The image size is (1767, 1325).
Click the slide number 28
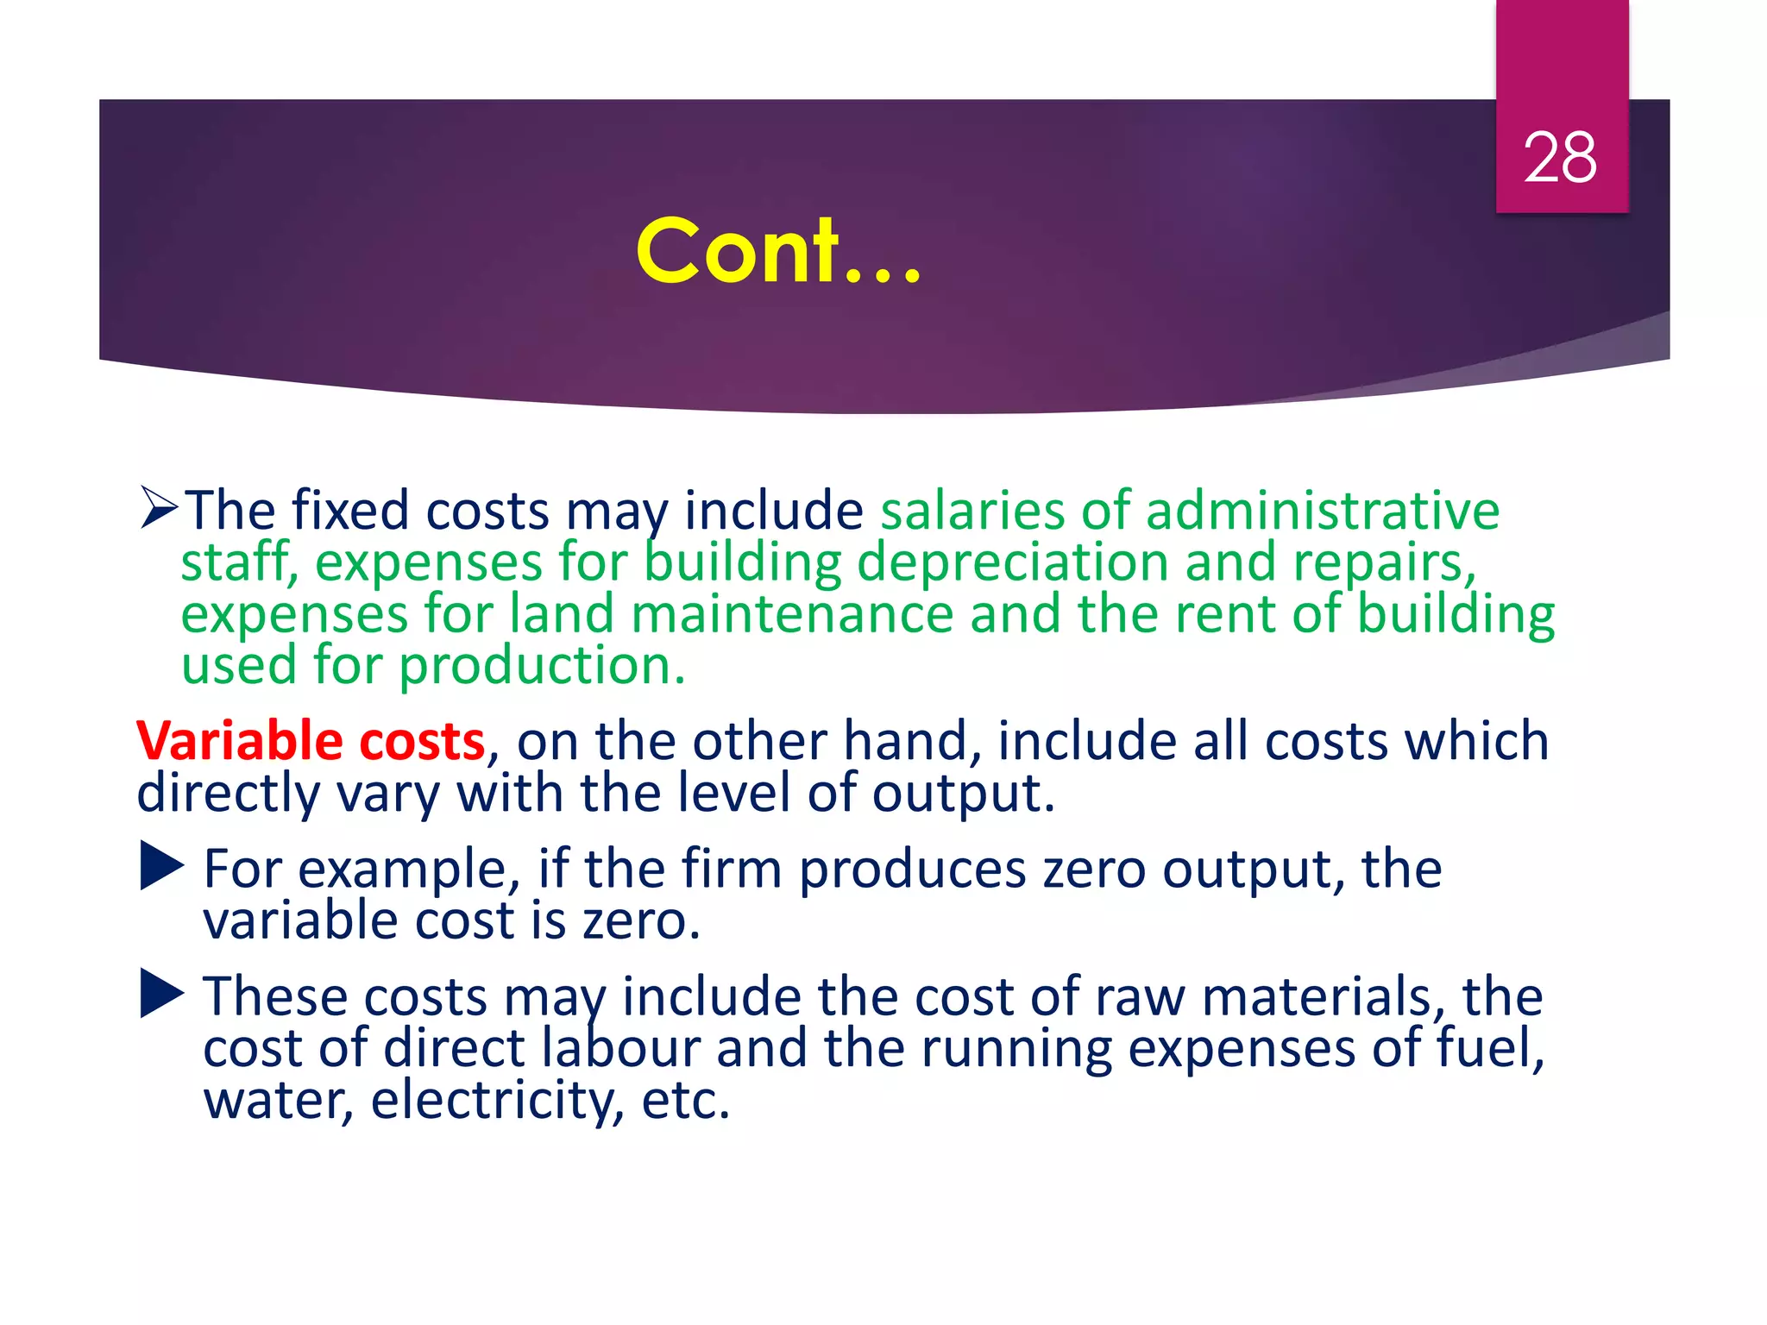tap(1560, 158)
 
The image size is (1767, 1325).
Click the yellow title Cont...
tap(778, 251)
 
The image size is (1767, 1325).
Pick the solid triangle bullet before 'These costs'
tap(161, 994)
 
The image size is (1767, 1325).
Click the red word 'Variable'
tap(239, 741)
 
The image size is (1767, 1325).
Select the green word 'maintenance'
tap(791, 614)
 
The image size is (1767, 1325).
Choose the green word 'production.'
tap(542, 666)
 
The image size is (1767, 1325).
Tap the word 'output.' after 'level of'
tap(963, 793)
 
